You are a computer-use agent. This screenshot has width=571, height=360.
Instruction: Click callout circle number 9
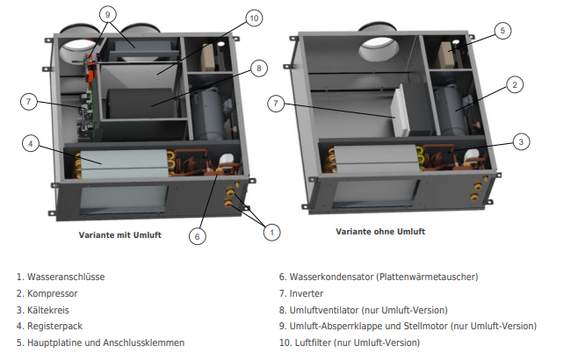pos(107,15)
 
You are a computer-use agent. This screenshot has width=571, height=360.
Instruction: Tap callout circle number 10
pos(254,18)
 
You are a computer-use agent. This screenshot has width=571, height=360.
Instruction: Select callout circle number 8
pos(259,68)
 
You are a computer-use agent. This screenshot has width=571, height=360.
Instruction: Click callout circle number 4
pos(31,144)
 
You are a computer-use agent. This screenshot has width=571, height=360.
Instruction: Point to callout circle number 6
pos(198,236)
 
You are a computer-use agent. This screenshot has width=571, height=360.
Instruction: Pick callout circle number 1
pos(271,232)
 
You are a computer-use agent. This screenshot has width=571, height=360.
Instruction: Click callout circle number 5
pos(502,31)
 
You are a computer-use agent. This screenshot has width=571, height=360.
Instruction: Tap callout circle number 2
pos(515,85)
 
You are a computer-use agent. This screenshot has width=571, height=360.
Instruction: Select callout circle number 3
pos(521,142)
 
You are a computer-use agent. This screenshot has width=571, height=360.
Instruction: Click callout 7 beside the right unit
pos(276,104)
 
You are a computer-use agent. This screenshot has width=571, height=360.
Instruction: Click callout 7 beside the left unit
pos(29,102)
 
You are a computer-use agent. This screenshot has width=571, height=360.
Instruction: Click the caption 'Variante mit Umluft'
pos(119,235)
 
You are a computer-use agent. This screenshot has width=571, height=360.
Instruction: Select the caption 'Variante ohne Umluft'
pos(380,232)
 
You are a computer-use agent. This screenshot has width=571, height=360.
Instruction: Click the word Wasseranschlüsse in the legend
pos(66,277)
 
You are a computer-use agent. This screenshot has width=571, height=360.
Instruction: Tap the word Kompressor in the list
pos(53,294)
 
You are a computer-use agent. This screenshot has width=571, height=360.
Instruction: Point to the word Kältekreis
pos(48,310)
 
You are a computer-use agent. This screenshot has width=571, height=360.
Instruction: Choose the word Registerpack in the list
pos(55,326)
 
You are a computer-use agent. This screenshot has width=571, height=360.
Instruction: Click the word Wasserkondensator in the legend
pos(332,277)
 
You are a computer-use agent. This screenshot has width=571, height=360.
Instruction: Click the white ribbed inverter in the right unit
pos(401,110)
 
